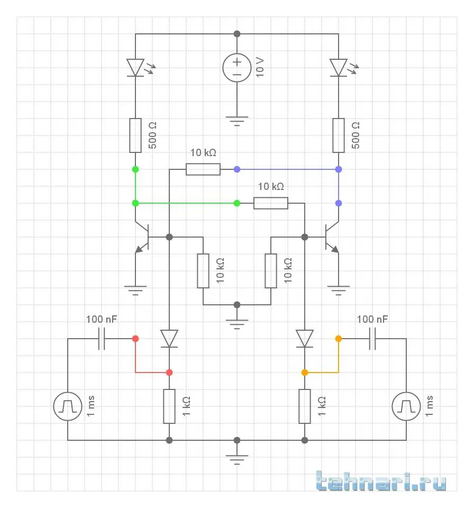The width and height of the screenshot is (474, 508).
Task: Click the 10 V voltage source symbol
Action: click(x=237, y=68)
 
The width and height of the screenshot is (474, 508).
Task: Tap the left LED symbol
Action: click(x=135, y=68)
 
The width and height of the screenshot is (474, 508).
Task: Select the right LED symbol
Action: click(x=339, y=68)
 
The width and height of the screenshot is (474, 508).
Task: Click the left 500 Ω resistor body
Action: click(x=135, y=135)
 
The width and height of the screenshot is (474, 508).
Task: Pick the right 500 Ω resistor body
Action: click(x=339, y=135)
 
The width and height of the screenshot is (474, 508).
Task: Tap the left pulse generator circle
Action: click(x=68, y=406)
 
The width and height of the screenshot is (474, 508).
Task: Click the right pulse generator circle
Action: click(x=406, y=406)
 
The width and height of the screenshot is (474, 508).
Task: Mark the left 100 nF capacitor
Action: click(x=102, y=338)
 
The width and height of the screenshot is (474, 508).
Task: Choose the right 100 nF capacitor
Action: click(x=372, y=338)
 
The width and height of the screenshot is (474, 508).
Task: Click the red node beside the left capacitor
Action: click(x=135, y=338)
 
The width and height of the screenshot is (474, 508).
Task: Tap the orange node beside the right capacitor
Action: click(x=339, y=338)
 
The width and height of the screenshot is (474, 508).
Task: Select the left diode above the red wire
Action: click(x=169, y=338)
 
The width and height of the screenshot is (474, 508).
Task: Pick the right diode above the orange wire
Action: click(x=305, y=338)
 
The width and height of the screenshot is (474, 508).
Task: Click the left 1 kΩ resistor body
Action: click(x=169, y=406)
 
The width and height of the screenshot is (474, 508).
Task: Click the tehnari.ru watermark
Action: click(x=381, y=482)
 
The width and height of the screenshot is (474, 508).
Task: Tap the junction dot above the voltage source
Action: click(x=237, y=34)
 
